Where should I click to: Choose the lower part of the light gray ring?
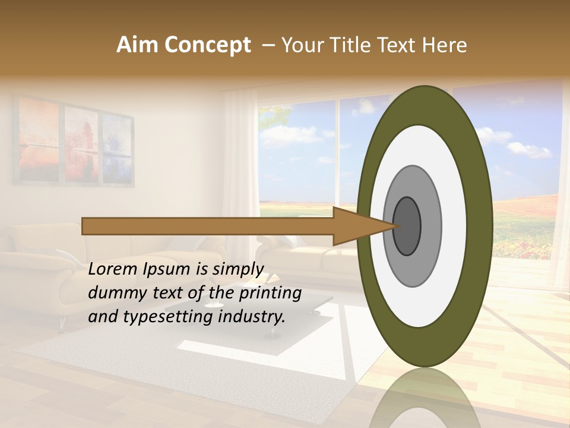(413, 270)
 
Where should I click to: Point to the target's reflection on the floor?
(424, 398)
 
